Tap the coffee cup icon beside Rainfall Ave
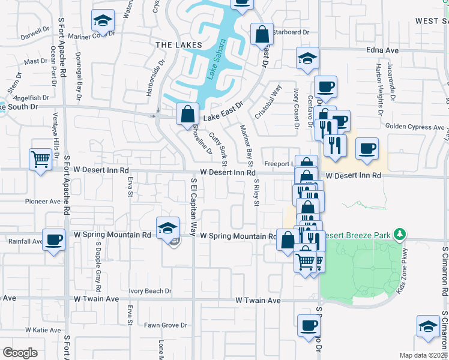[x=54, y=241]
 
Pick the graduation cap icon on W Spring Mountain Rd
[x=167, y=227]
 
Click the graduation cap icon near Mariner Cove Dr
[x=103, y=20]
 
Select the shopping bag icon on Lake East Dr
[x=188, y=112]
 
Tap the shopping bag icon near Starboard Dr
[x=263, y=34]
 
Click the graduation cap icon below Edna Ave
[x=307, y=59]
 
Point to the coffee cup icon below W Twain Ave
[x=309, y=326]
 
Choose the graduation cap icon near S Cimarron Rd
[x=429, y=326]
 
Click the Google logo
[x=20, y=353]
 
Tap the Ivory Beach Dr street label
[x=150, y=292]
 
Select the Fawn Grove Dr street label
[x=165, y=325]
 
